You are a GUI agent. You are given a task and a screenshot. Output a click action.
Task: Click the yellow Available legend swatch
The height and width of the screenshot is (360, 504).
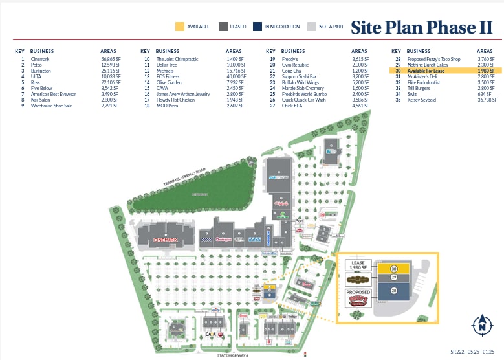[x=180, y=27]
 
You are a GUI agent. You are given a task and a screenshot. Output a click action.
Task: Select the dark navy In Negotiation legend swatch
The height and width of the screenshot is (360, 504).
[x=257, y=27]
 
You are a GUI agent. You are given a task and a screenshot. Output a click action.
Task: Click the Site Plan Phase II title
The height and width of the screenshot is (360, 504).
[x=422, y=27]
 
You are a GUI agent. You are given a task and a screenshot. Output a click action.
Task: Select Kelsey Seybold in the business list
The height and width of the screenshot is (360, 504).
[x=421, y=100]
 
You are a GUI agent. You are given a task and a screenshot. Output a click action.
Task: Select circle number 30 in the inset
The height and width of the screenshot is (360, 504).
[x=393, y=268]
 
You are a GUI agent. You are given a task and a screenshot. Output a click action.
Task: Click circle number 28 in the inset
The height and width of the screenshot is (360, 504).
[x=393, y=292]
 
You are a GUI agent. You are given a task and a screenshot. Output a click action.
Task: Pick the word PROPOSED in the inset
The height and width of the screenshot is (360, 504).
[x=358, y=292]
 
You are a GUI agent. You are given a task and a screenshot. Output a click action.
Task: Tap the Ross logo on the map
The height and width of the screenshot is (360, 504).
[x=256, y=239]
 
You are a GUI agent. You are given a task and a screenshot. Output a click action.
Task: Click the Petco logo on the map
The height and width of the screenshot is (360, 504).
[x=206, y=240]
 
